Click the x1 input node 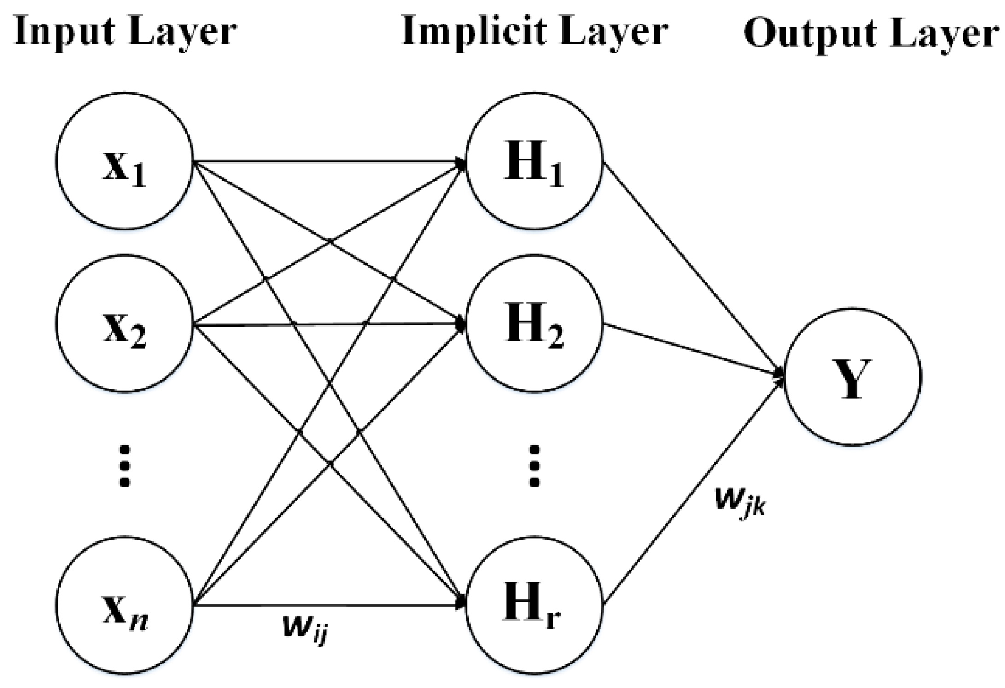(x=124, y=161)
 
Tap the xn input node (x=124, y=605)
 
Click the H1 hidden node (x=534, y=161)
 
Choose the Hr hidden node (x=534, y=605)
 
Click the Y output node (x=852, y=377)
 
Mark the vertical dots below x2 (x=124, y=466)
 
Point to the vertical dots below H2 (x=534, y=466)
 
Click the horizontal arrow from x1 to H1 (x=322, y=161)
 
